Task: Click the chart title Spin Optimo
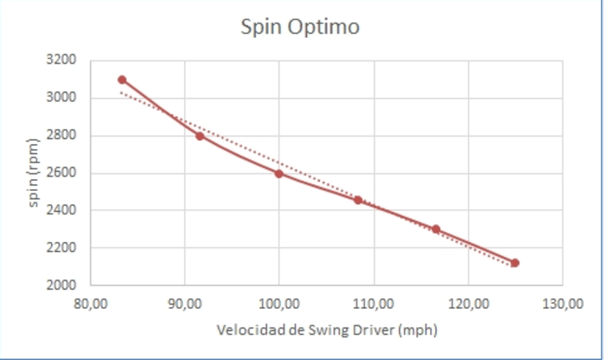[x=300, y=27]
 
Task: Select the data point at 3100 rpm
[x=122, y=80]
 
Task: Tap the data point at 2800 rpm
[x=200, y=136]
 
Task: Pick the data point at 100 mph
[x=279, y=173]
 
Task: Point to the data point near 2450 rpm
[x=358, y=200]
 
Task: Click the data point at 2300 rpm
[x=436, y=229]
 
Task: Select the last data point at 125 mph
[x=514, y=263]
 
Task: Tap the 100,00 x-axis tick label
[x=279, y=303]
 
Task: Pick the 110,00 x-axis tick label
[x=373, y=303]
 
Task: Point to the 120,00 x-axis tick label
[x=468, y=303]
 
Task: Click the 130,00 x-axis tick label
[x=562, y=303]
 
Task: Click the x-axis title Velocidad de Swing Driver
[x=326, y=330]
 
